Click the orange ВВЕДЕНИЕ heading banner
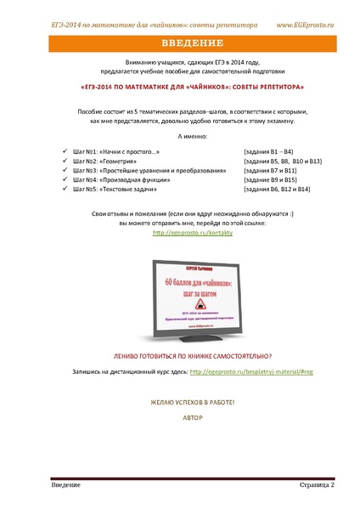(179, 43)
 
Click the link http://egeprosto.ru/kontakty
(179, 231)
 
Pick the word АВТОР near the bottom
(179, 417)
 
